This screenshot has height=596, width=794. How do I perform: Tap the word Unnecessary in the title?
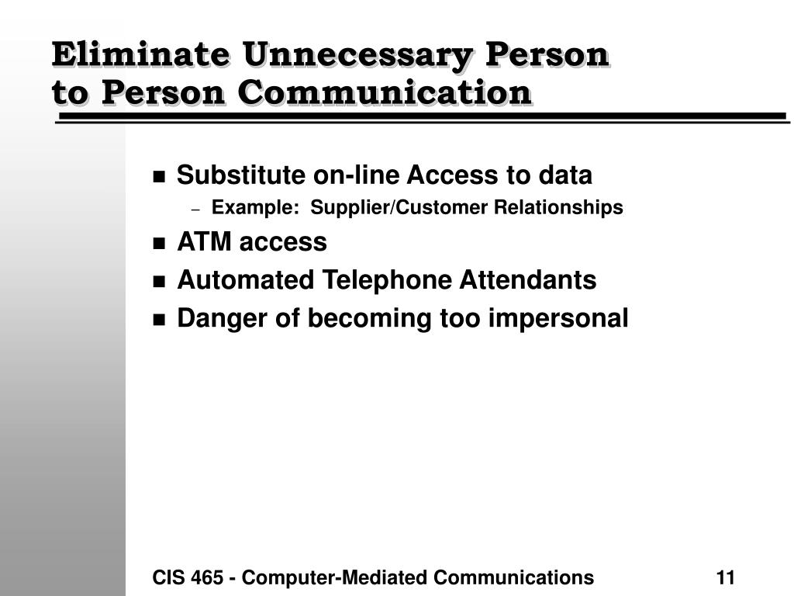point(357,56)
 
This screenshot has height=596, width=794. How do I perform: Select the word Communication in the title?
point(385,93)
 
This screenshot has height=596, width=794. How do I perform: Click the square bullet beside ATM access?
point(159,243)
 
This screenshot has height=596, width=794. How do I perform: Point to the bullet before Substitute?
point(159,177)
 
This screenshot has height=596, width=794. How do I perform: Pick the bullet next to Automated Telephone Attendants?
point(159,282)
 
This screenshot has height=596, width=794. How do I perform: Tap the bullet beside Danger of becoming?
point(159,321)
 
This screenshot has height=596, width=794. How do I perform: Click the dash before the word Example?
point(196,210)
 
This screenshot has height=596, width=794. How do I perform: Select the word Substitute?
point(240,175)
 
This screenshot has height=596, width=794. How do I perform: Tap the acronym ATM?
point(204,241)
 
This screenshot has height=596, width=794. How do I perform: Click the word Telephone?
point(387,280)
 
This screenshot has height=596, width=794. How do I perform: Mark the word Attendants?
point(527,279)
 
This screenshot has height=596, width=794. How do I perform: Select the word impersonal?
point(558,319)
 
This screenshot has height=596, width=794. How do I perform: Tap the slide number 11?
point(725,577)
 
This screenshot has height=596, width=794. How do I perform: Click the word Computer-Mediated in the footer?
point(334,577)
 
